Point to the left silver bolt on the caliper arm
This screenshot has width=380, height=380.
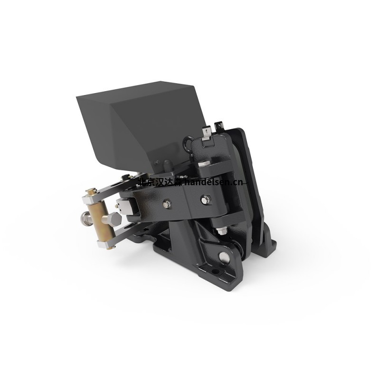coord(167,205)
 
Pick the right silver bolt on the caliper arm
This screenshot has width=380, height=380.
coord(205,200)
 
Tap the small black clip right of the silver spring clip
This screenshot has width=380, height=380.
coord(218,125)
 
